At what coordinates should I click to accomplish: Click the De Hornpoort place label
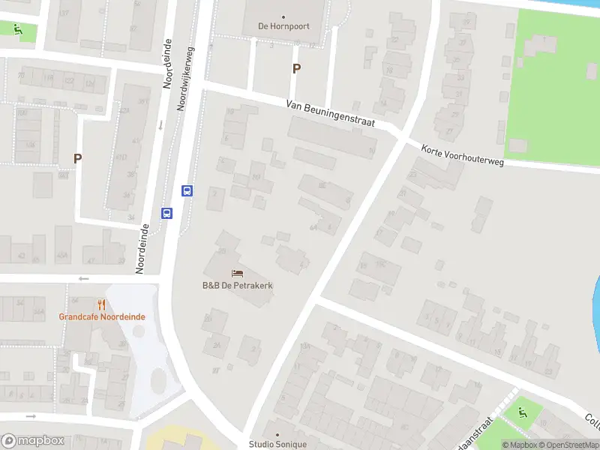pos(283,26)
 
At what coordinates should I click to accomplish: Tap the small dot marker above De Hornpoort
pos(283,16)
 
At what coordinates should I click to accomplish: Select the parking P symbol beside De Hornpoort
pos(296,68)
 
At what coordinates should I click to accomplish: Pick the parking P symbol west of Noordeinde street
pos(77,158)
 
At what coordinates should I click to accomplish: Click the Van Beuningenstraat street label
pos(330,115)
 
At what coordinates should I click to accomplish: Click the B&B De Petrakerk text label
pos(237,285)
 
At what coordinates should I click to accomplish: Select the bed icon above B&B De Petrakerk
pos(238,274)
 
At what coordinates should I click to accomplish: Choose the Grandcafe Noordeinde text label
pos(102,316)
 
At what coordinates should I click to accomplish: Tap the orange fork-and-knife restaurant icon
pos(102,304)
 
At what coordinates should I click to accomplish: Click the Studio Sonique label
pos(277,444)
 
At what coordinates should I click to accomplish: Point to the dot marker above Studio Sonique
pos(277,434)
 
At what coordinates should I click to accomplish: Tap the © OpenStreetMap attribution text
pos(574,445)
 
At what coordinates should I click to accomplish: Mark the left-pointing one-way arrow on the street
pos(82,279)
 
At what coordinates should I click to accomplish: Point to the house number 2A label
pos(217,345)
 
